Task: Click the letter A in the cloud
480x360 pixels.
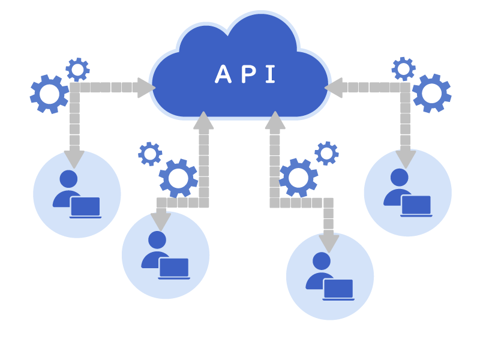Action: [223, 74]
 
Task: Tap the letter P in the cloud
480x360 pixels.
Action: [248, 74]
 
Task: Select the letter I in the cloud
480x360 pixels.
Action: [270, 74]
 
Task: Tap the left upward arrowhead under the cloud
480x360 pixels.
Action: [203, 121]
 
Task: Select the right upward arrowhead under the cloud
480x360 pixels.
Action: [275, 121]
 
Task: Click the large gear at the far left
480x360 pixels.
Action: [49, 94]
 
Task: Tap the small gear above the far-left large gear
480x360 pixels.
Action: [77, 70]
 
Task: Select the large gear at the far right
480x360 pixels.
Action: [431, 93]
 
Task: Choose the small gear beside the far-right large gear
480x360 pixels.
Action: [403, 69]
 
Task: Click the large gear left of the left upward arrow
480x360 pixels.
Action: [178, 178]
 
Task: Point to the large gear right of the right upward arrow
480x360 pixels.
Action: [298, 178]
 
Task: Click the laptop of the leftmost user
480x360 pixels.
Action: [85, 207]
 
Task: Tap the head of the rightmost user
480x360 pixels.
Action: [399, 177]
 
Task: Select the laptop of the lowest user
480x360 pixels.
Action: [338, 289]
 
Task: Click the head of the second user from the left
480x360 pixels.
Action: [157, 240]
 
